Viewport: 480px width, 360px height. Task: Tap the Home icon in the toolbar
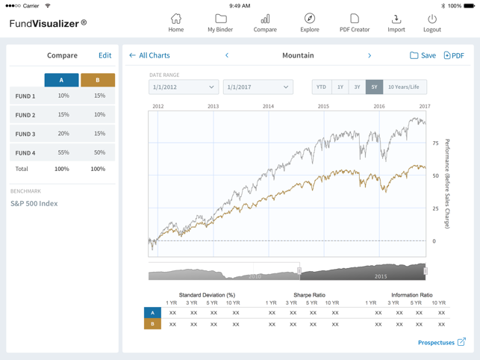click(x=176, y=22)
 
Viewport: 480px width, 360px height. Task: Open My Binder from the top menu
click(x=220, y=22)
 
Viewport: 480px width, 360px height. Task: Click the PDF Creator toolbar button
click(x=355, y=22)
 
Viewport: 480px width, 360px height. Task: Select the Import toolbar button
click(x=396, y=22)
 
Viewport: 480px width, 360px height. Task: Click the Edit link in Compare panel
click(x=105, y=55)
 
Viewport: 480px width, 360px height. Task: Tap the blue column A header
click(x=61, y=80)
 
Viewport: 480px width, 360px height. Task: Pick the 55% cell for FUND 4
click(x=63, y=152)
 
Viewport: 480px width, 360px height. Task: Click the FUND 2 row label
click(x=25, y=115)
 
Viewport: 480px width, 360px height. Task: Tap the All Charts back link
click(x=149, y=55)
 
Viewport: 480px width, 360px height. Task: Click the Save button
click(x=423, y=55)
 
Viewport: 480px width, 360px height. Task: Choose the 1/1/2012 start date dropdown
click(x=183, y=87)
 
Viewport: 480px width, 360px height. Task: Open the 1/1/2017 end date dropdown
click(x=258, y=87)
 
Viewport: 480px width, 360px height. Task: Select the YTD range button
click(x=321, y=87)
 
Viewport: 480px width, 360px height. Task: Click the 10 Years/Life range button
click(x=404, y=87)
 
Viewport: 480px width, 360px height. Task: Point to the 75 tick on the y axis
click(x=435, y=143)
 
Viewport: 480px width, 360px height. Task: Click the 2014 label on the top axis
click(x=268, y=107)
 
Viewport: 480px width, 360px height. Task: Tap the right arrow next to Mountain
click(x=370, y=55)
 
